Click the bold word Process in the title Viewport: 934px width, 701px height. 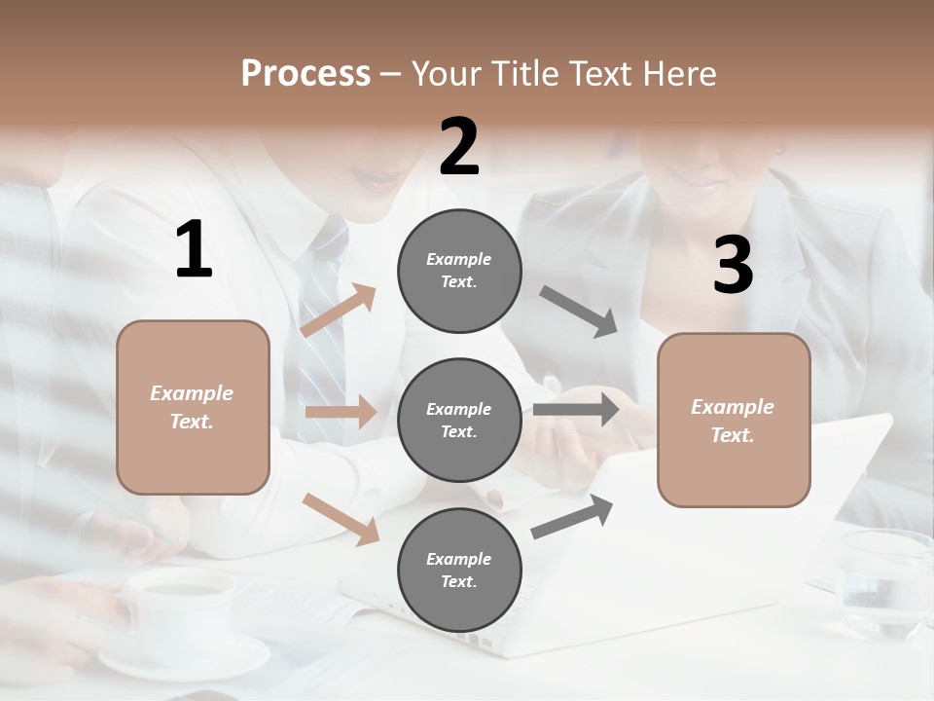click(305, 74)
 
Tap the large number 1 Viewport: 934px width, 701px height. click(194, 250)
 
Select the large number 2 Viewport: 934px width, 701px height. click(459, 147)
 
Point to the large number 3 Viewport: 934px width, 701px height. click(733, 267)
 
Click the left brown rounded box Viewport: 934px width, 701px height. click(193, 407)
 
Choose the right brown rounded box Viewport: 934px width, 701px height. click(734, 421)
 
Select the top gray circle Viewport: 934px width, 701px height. click(459, 271)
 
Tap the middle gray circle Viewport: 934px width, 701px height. click(459, 420)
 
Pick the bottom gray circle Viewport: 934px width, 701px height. click(459, 570)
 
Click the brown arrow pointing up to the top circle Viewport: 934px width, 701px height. click(338, 310)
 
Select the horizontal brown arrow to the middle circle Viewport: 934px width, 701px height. click(341, 412)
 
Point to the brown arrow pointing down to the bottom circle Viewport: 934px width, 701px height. click(341, 518)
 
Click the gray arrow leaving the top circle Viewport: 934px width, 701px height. click(579, 311)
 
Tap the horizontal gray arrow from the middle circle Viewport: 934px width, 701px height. click(576, 410)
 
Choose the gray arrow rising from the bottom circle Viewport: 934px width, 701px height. click(572, 517)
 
